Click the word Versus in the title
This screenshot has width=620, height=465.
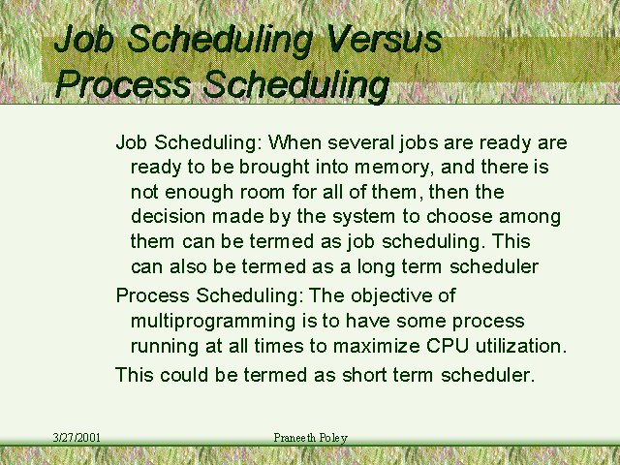[x=385, y=39]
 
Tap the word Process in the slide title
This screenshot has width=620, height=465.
[x=123, y=84]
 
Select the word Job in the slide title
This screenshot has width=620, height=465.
[x=83, y=39]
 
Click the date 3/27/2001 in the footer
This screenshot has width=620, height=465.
[x=77, y=438]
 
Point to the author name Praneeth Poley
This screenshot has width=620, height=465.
[x=310, y=438]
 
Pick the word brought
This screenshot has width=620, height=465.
[x=274, y=168]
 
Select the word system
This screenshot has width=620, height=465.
[x=364, y=217]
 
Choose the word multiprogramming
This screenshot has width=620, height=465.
[x=213, y=322]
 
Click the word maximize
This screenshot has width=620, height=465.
[x=377, y=346]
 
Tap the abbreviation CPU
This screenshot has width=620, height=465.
[x=448, y=346]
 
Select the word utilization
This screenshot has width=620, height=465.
[x=521, y=346]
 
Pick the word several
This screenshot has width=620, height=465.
[x=361, y=142]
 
